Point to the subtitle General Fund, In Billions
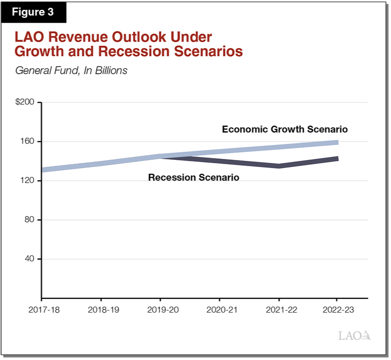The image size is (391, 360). [71, 70]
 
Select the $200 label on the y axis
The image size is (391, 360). [25, 103]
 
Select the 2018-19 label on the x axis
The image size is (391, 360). [101, 309]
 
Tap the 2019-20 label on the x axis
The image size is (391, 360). [160, 309]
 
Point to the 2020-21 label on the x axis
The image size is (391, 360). [219, 309]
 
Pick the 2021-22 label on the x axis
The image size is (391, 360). [278, 309]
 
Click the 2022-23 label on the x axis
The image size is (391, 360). [337, 309]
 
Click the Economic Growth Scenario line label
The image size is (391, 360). [285, 129]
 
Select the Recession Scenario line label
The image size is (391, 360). [194, 178]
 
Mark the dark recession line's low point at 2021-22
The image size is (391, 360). [279, 166]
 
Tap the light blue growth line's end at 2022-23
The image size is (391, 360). [337, 142]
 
